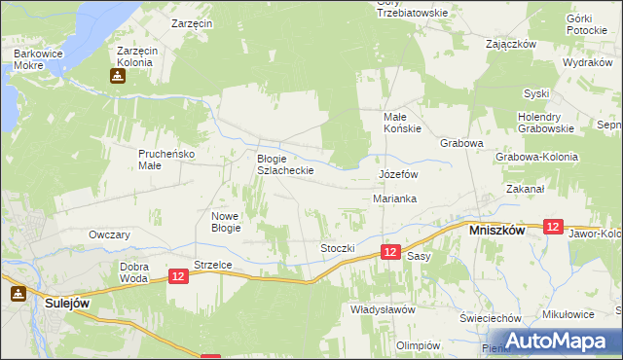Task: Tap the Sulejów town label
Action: pos(68,303)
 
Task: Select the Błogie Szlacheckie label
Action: pos(284,163)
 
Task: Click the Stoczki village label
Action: pos(338,248)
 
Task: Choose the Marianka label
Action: pos(395,198)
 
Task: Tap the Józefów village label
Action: pos(397,174)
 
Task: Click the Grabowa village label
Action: pos(461,143)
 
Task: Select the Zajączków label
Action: pos(511,44)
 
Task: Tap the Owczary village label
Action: pos(109,235)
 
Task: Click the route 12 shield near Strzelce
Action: pos(177,277)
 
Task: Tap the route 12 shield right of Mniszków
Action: pos(553,227)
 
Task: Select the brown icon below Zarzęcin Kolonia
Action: pos(117,75)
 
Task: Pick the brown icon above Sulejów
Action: pos(18,293)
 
